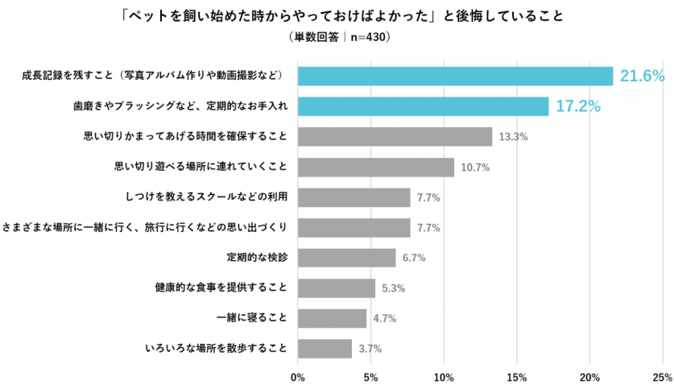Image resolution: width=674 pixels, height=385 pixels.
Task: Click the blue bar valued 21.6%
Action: [x=455, y=76]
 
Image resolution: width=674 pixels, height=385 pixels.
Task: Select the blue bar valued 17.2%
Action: [x=423, y=106]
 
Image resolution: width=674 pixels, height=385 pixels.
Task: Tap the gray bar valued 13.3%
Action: [x=395, y=137]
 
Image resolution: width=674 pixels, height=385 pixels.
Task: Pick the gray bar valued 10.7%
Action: [x=375, y=167]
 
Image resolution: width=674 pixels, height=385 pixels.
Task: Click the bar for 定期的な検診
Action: [x=346, y=258]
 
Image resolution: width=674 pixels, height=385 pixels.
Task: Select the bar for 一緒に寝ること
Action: [x=332, y=318]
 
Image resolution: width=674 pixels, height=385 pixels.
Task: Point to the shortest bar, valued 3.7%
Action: [x=325, y=349]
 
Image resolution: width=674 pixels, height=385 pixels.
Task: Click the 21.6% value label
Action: [x=642, y=77]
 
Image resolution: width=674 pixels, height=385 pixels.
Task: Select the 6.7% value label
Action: [x=414, y=258]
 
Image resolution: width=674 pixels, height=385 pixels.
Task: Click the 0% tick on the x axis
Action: [x=297, y=376]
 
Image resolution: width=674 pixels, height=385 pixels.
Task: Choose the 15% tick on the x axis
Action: [x=517, y=376]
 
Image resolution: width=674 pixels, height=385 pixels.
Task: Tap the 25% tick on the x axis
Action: [x=663, y=376]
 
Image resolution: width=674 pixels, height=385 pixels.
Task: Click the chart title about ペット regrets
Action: [x=337, y=15]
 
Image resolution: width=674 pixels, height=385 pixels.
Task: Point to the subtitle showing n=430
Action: [x=337, y=36]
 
